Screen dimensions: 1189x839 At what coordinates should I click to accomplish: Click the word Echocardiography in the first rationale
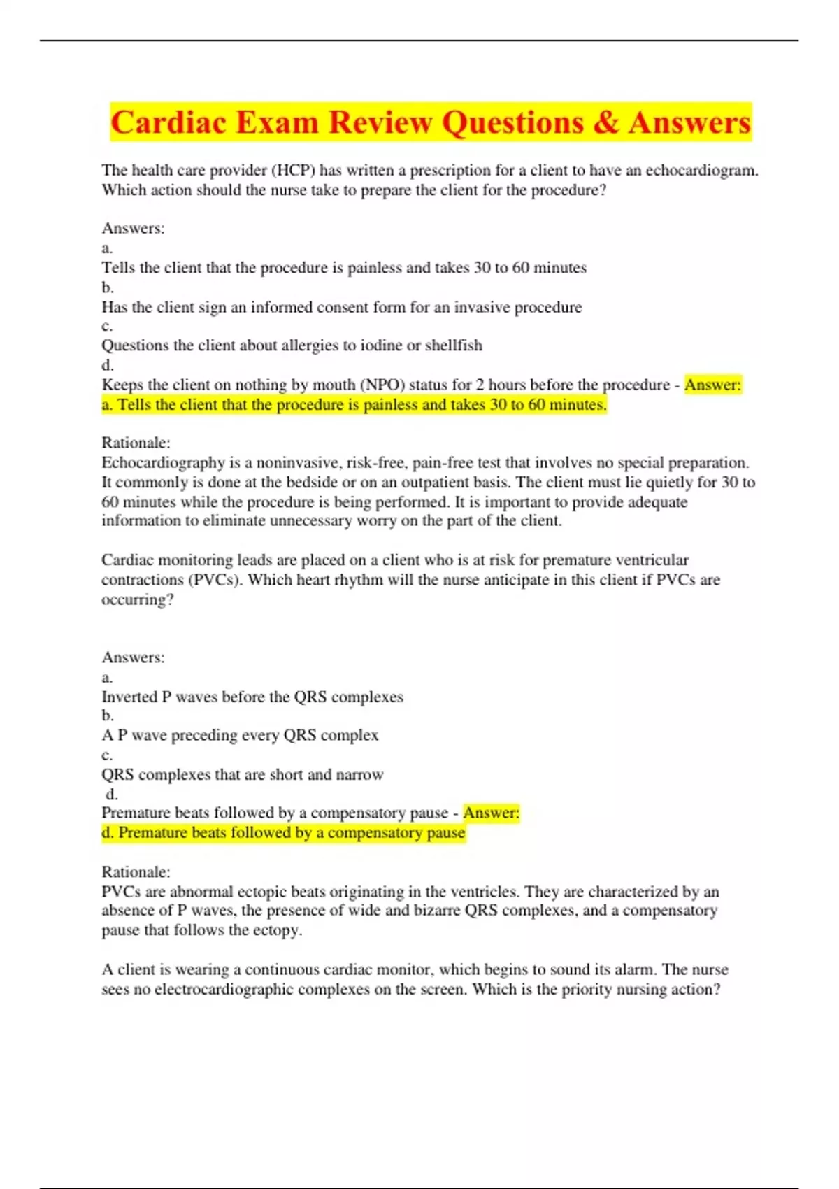160,462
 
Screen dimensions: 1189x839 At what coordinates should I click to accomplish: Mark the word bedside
308,482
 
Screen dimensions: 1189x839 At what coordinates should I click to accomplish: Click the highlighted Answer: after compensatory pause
491,813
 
